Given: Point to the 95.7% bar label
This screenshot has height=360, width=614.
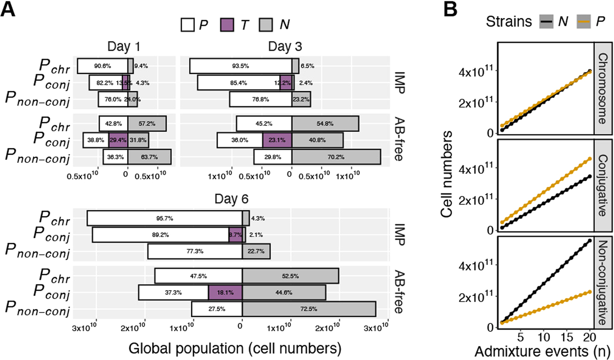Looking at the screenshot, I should (x=164, y=218).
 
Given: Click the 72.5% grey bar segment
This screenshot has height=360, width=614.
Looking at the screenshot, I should (x=309, y=308).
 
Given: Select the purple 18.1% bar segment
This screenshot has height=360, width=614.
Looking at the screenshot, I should (x=225, y=292).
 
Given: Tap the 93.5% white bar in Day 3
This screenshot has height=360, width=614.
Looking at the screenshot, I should (x=241, y=66).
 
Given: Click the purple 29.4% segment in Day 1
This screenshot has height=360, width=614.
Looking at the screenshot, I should (x=118, y=140).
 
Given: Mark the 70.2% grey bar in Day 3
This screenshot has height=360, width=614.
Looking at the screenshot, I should (x=336, y=157).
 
